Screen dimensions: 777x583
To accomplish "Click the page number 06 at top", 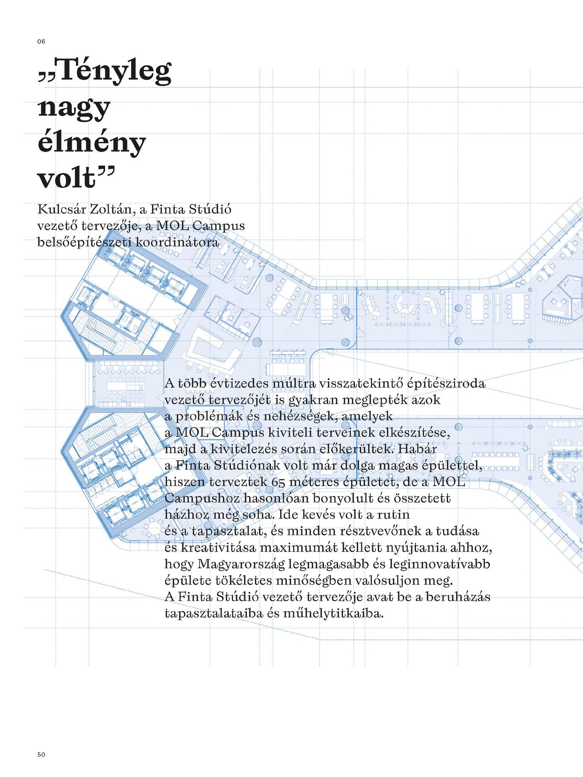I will point(41,41).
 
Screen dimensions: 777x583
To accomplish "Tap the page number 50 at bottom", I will point(41,754).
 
